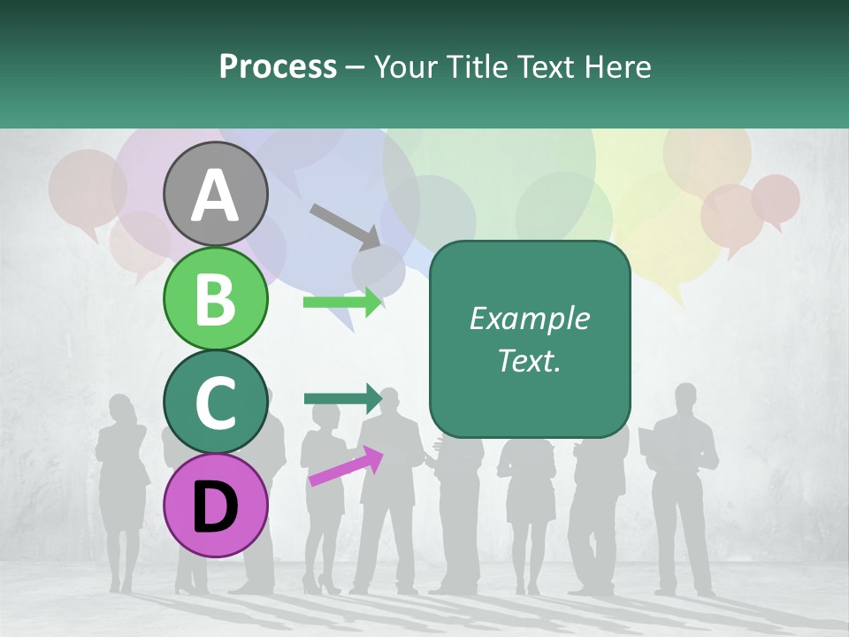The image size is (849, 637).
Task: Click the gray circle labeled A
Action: pos(216,194)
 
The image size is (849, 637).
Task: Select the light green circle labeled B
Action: pos(216,298)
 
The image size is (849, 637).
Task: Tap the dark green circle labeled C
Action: pos(216,402)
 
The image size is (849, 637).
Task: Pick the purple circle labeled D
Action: pos(216,505)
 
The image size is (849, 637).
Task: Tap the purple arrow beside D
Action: pos(346,466)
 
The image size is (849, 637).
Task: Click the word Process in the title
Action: pos(278,66)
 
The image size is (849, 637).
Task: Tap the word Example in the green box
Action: pos(530,318)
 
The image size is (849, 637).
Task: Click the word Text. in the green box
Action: pos(530,360)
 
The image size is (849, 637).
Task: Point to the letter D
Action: pos(216,506)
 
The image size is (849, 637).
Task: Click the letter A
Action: pos(216,195)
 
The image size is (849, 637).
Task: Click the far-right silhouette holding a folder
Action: pos(684,478)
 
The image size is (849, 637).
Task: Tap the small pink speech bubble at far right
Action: pos(776,198)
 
